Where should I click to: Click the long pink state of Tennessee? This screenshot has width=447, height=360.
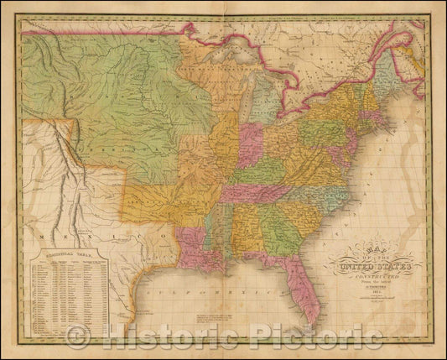click(256, 192)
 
